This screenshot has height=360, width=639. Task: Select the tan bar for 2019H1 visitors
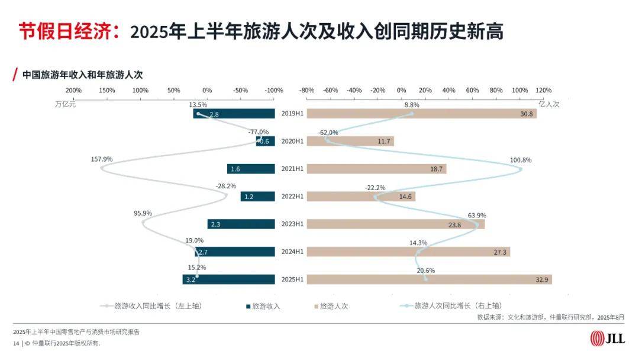coord(421,114)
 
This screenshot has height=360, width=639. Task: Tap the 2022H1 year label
coord(292,197)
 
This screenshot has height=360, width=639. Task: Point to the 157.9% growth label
coord(102,159)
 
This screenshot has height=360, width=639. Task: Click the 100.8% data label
coord(521,160)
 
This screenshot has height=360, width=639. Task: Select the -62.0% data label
coord(328,132)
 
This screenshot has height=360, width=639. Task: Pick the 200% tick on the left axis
coord(73,91)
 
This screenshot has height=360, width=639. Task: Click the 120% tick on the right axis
coord(543,91)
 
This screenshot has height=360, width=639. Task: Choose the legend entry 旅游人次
coord(334,306)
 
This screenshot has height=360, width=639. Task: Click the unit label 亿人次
coord(548,104)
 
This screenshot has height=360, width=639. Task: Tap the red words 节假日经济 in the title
coord(64,31)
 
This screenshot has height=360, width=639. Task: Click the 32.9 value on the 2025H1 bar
coord(541,279)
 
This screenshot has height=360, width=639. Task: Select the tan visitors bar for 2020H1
coord(350,142)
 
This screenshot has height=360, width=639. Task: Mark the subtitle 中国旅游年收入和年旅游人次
coord(82,75)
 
